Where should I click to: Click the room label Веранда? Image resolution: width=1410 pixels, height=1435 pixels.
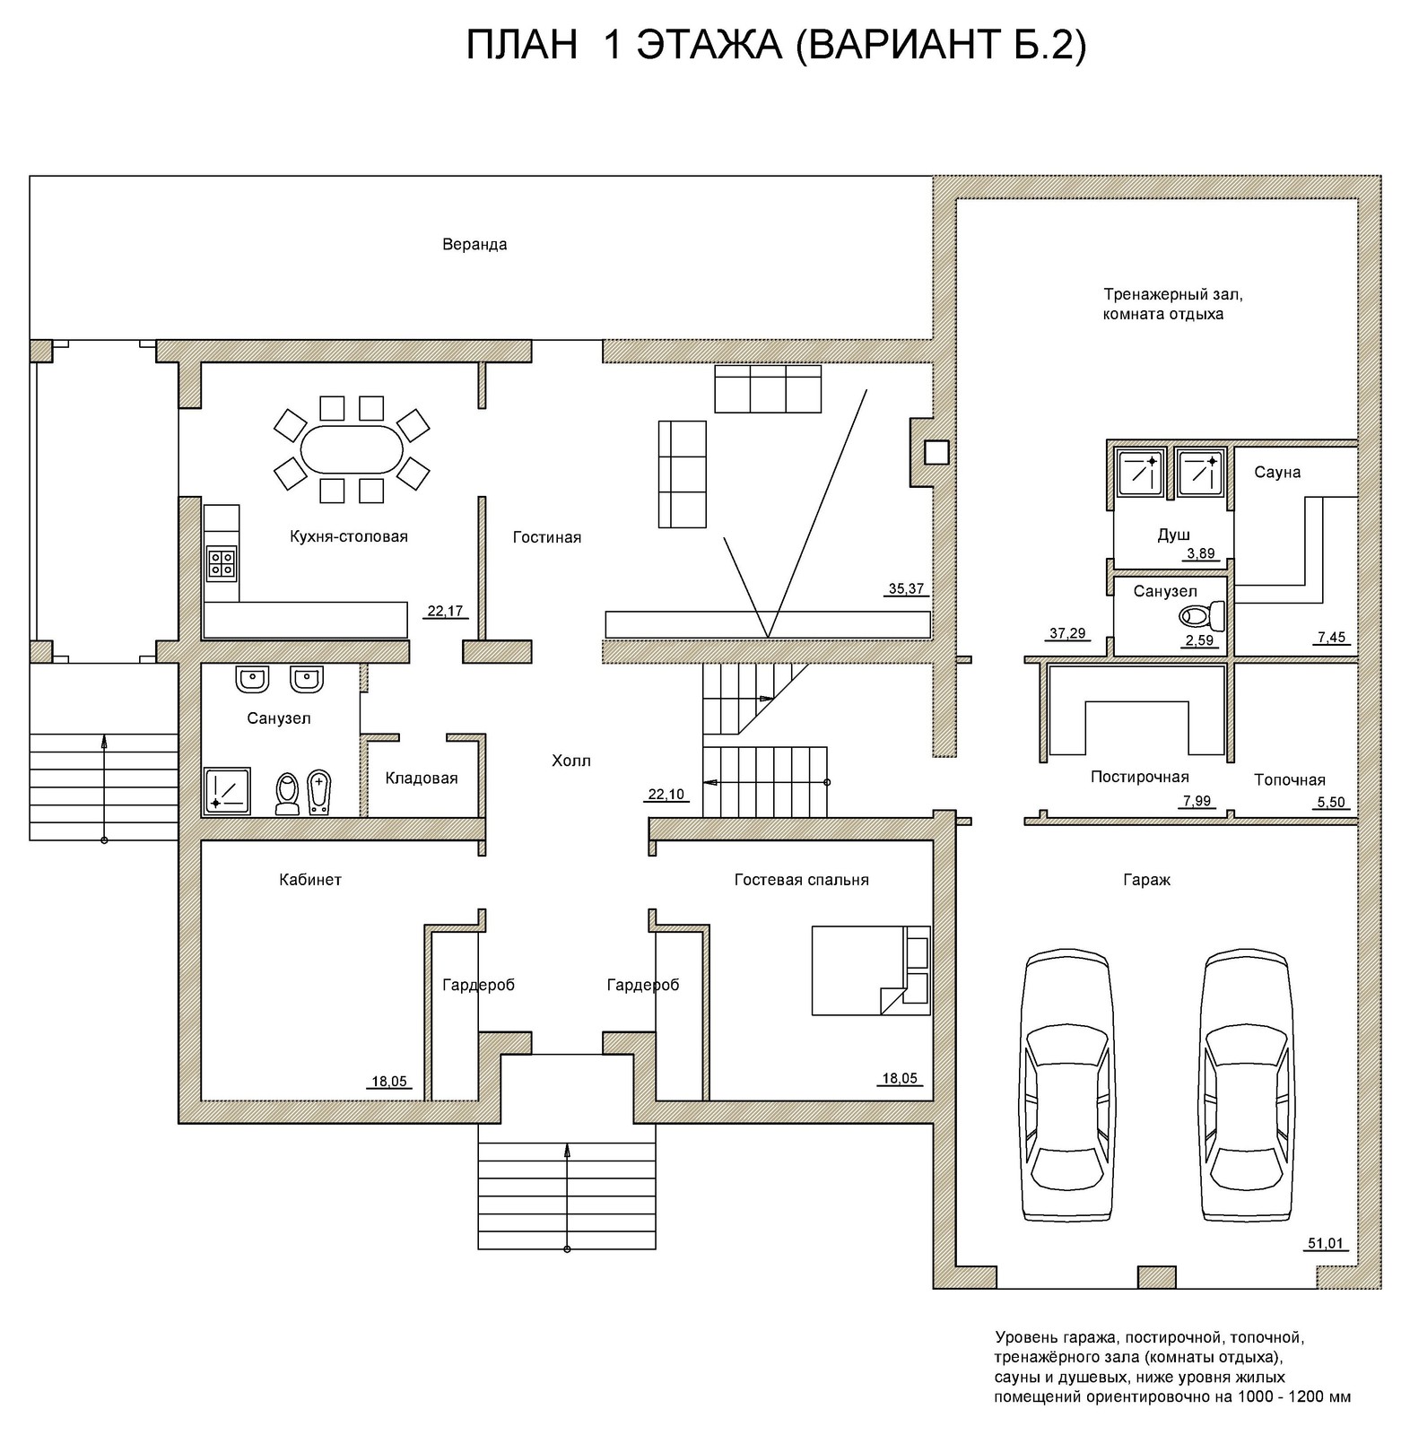tap(474, 245)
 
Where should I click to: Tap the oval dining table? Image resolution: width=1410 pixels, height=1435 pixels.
tap(351, 449)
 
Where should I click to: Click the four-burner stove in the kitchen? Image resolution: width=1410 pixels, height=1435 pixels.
tap(222, 561)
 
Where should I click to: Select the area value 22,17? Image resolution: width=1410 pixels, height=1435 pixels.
tap(445, 612)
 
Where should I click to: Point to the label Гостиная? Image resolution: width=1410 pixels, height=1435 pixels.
tap(547, 537)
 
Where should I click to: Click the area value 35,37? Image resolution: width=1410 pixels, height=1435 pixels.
tap(906, 589)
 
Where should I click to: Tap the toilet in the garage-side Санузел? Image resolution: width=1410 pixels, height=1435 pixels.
tap(1202, 616)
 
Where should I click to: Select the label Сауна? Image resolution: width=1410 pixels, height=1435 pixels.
tap(1277, 473)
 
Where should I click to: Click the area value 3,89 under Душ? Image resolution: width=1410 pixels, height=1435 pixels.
tap(1201, 553)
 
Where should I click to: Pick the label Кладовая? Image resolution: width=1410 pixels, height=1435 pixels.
tap(422, 778)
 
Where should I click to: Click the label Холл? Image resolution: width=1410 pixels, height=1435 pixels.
tap(571, 761)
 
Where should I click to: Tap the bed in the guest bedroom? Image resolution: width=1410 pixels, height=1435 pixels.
tap(871, 970)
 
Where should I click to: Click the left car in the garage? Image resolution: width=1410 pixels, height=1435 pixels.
tap(1067, 1085)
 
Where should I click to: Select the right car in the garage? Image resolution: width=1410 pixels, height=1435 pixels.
tap(1248, 1085)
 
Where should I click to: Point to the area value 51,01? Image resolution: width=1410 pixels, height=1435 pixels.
tap(1326, 1243)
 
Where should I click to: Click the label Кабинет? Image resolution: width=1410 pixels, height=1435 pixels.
tap(310, 880)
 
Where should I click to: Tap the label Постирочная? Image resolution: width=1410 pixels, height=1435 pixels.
tap(1140, 777)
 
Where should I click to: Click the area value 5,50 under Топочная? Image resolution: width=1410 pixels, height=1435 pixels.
tap(1331, 803)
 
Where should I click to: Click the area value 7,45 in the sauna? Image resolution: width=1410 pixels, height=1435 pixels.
tap(1331, 638)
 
